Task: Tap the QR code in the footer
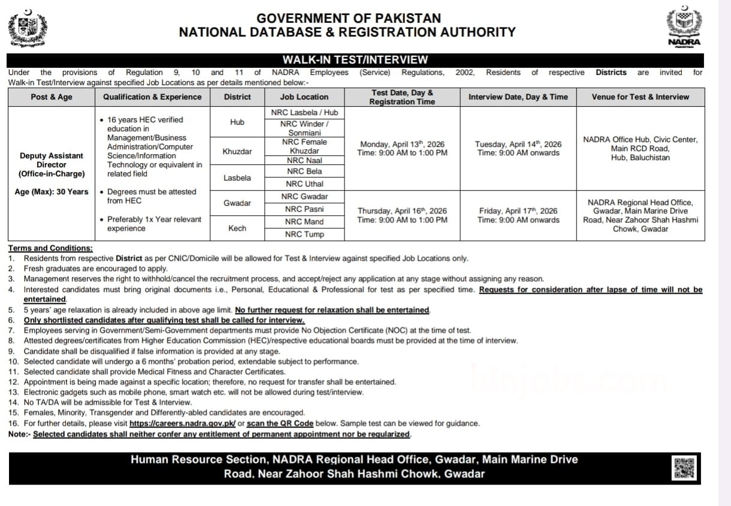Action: click(x=684, y=468)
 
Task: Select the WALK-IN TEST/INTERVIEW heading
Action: click(x=355, y=59)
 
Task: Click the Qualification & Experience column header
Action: click(x=152, y=97)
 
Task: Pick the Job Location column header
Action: click(x=304, y=97)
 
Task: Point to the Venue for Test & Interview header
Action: click(x=641, y=97)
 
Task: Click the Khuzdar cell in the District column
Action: click(x=237, y=151)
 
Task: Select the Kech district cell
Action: click(x=237, y=228)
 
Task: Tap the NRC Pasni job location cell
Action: click(x=304, y=209)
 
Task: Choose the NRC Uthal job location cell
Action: click(x=304, y=184)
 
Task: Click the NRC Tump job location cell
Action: click(x=304, y=234)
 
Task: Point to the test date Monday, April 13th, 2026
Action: click(x=402, y=144)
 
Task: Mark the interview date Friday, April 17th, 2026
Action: click(x=518, y=210)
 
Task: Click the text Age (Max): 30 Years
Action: click(x=52, y=192)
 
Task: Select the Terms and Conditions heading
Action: click(x=50, y=248)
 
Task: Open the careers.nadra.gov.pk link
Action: click(x=182, y=423)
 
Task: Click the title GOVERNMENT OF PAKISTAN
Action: click(x=348, y=19)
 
